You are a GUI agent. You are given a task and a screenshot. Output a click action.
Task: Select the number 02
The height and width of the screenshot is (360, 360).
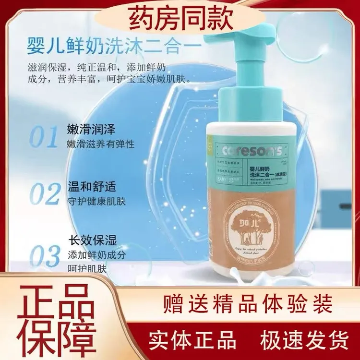pos(44,193)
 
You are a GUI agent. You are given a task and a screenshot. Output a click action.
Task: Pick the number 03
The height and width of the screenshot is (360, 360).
pos(44,257)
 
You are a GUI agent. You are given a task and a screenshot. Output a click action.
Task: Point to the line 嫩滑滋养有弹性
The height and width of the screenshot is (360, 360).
pos(101,145)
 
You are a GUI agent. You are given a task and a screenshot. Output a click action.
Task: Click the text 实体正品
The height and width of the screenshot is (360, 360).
pos(190,340)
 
